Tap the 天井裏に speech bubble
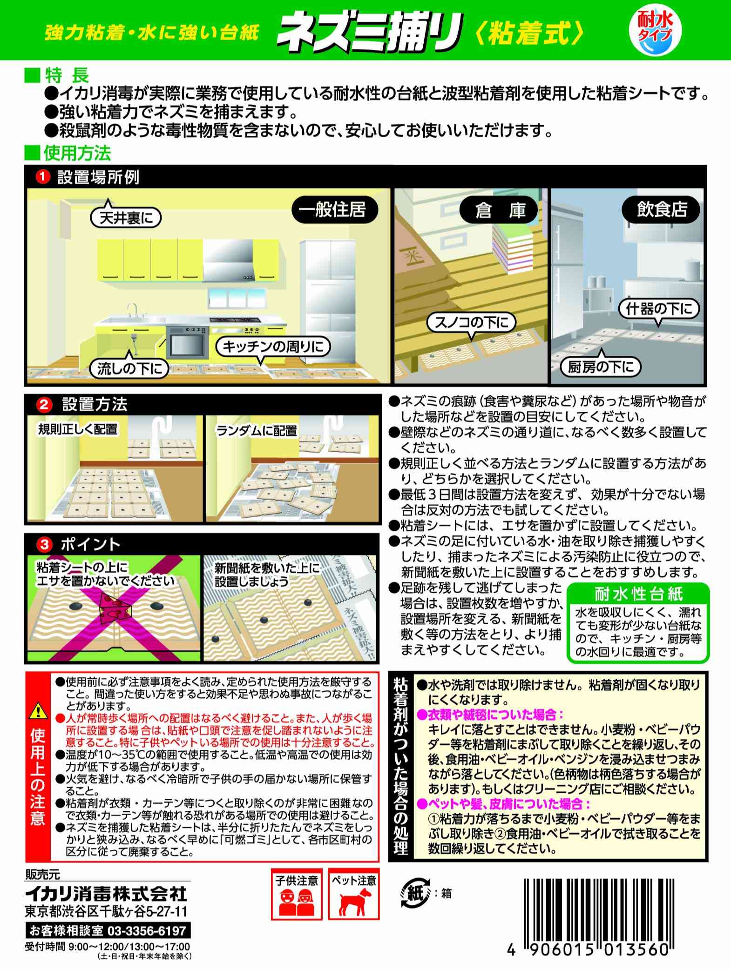click(x=126, y=217)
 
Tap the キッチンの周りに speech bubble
click(x=272, y=346)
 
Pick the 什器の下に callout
click(x=659, y=309)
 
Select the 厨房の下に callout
click(x=601, y=368)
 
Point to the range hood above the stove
click(x=228, y=263)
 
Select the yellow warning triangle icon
click(x=38, y=712)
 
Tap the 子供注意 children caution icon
click(x=296, y=904)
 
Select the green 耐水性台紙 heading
click(x=638, y=594)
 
